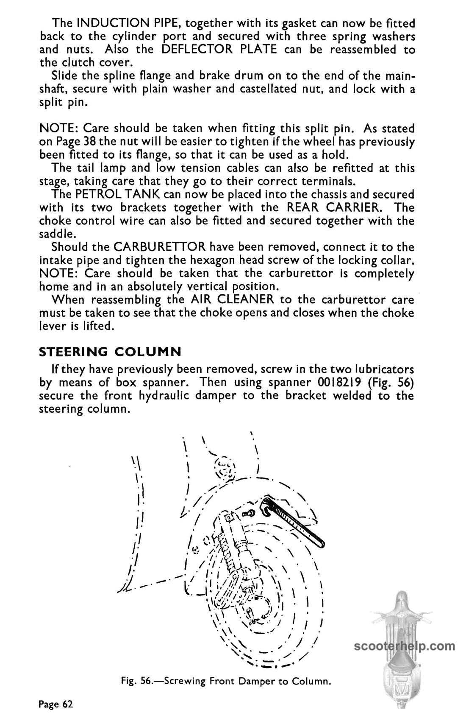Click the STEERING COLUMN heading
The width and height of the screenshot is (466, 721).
tap(110, 352)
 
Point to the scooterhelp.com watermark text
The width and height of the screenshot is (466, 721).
tap(404, 647)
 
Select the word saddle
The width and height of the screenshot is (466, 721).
tap(57, 234)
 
